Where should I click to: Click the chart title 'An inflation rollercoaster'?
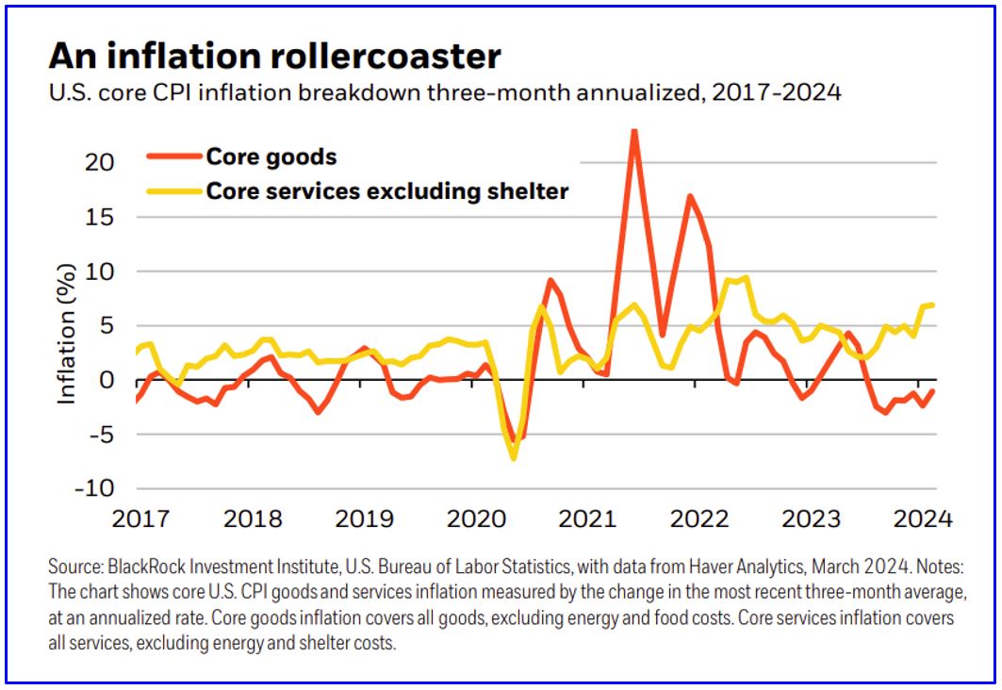[274, 56]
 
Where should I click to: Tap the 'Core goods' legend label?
[271, 156]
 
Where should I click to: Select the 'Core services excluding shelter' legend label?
[387, 191]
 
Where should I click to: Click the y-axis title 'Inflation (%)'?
[67, 326]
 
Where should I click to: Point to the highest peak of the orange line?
[634, 131]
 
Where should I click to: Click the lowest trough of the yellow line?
[514, 458]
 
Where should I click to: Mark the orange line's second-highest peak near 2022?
[690, 196]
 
